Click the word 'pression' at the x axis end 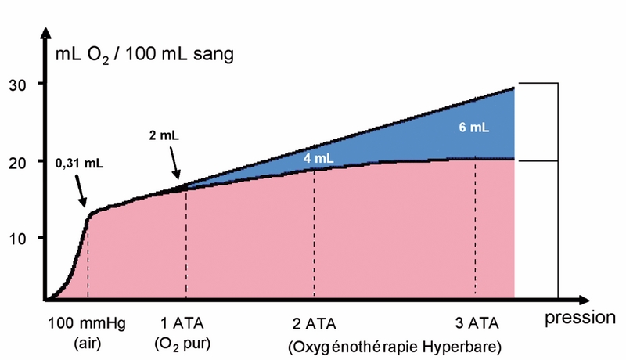pos(581,319)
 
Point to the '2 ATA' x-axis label pos(313,324)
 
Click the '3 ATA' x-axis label pos(476,324)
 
